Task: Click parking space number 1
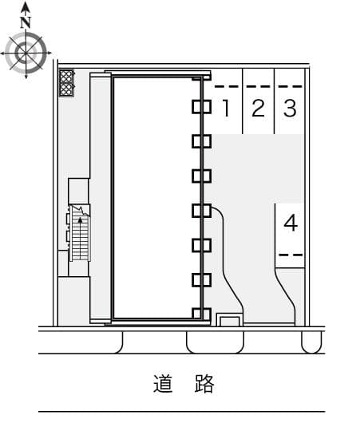tap(227, 108)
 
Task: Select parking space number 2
tap(258, 108)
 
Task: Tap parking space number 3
tap(290, 108)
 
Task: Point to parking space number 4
tap(291, 223)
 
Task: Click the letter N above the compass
tap(26, 22)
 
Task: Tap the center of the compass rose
tap(26, 53)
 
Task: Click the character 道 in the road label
tap(163, 383)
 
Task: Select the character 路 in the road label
tap(204, 383)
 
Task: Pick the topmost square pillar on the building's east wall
tap(202, 107)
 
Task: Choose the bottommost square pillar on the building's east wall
tap(202, 314)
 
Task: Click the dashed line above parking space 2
tap(259, 87)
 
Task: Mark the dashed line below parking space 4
tap(291, 255)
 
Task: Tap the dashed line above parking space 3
tap(291, 87)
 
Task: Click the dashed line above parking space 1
tap(227, 87)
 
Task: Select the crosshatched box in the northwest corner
tap(66, 83)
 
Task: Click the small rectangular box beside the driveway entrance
tap(229, 320)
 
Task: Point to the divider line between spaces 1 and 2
tap(243, 101)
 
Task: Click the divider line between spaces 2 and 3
tap(275, 101)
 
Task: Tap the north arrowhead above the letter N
tap(26, 7)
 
